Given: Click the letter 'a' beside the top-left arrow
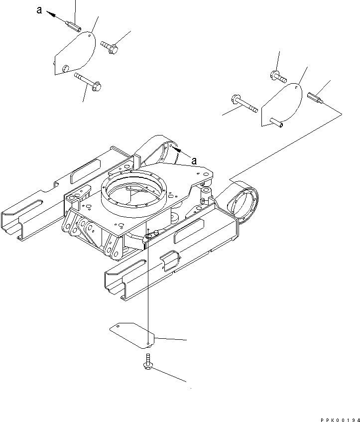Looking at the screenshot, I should [39, 9].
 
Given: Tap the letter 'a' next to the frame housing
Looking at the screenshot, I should [195, 160].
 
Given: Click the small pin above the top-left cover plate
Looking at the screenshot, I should [74, 25].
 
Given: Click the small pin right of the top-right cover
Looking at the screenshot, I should [316, 98].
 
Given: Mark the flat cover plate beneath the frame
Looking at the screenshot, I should [132, 334].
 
